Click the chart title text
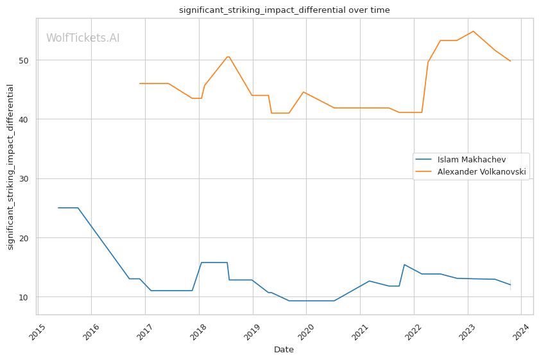284,10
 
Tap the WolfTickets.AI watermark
83,38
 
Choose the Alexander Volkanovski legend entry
481,171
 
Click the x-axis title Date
284,350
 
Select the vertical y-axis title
10,167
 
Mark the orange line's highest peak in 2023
473,31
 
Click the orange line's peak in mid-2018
228,56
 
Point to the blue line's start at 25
58,208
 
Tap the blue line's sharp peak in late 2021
404,264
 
